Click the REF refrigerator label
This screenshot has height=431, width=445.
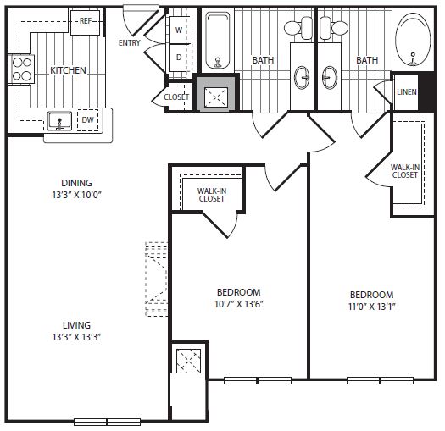click(86, 20)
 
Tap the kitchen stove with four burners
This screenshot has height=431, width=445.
click(21, 69)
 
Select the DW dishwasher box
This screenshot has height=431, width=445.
click(87, 120)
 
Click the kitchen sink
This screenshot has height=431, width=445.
click(59, 121)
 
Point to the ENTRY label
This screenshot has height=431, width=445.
click(130, 43)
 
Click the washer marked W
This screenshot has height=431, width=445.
click(179, 30)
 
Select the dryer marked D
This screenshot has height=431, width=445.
click(179, 58)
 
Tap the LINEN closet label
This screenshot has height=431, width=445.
click(406, 91)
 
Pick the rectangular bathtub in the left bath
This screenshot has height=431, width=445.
click(217, 41)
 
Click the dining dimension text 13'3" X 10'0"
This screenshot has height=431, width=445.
click(77, 195)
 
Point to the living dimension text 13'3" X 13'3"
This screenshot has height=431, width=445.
click(77, 337)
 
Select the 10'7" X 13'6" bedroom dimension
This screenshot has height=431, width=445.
click(239, 304)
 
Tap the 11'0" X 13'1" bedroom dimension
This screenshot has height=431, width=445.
click(372, 307)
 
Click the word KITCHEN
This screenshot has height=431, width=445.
click(68, 70)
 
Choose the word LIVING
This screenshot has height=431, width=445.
click(76, 325)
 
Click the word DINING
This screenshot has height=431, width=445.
click(76, 183)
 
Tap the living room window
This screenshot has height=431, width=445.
click(108, 422)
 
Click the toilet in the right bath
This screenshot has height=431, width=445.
click(333, 28)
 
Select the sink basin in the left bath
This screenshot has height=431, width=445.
click(302, 78)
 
